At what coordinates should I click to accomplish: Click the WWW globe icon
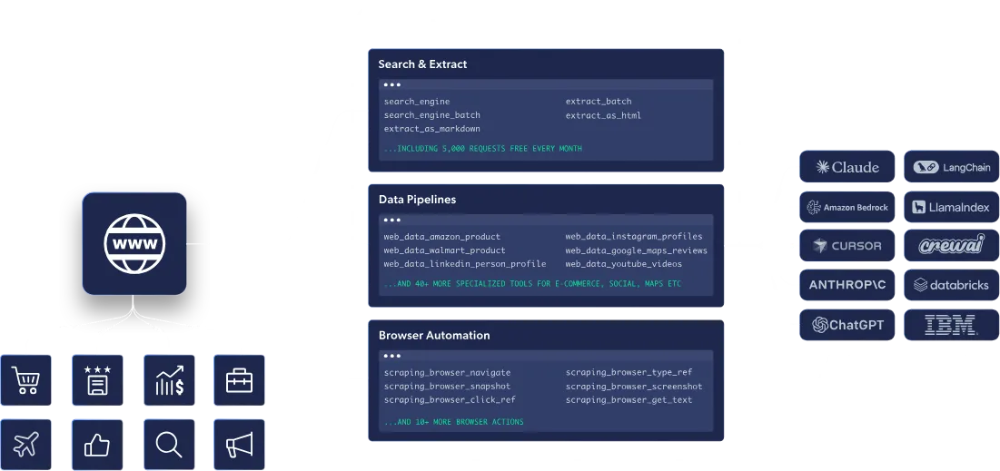(134, 243)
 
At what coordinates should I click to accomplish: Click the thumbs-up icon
(97, 444)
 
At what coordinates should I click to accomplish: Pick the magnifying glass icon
(169, 444)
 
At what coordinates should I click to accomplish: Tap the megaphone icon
(239, 444)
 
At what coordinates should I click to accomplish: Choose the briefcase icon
(239, 380)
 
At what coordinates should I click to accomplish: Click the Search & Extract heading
(422, 65)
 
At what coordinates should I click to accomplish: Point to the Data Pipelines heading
(417, 200)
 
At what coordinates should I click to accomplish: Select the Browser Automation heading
(434, 336)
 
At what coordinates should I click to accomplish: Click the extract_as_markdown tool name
(431, 129)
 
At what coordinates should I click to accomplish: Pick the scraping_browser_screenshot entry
(633, 387)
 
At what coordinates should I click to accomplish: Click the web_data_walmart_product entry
(444, 250)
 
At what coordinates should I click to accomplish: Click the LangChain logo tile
(950, 167)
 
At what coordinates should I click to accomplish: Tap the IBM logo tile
(950, 324)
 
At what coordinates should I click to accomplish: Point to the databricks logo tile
(950, 285)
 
